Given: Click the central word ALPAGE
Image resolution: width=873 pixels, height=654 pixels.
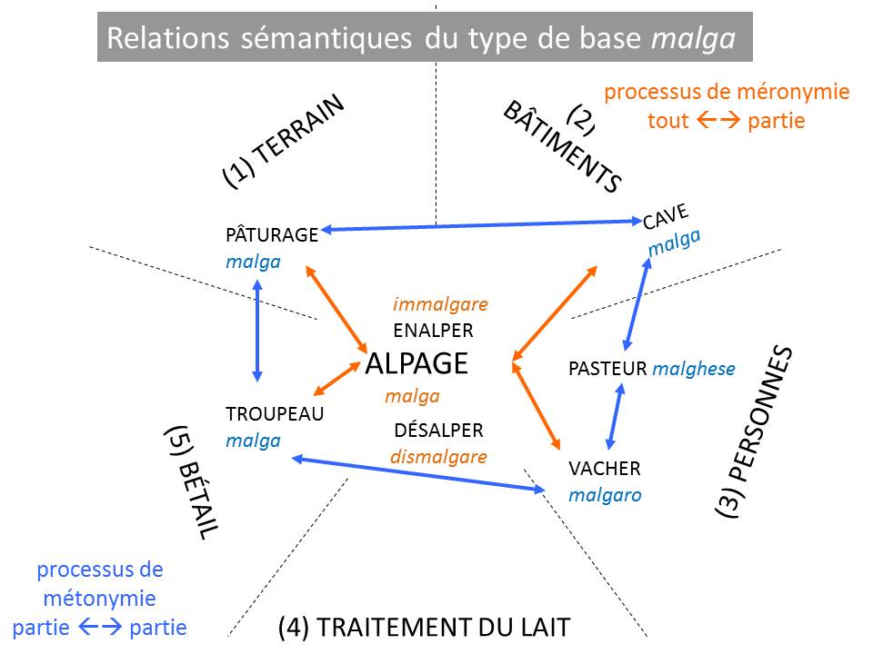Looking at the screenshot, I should click(416, 364).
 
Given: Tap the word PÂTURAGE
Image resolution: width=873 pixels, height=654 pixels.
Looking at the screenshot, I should click(271, 235).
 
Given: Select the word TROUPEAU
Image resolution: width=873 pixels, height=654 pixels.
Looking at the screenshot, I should click(275, 414).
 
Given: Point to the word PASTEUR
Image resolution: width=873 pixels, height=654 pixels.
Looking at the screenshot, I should click(607, 369).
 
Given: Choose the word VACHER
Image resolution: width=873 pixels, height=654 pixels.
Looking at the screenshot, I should click(605, 469).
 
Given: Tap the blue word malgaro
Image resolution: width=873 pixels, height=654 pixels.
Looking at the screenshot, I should click(605, 496).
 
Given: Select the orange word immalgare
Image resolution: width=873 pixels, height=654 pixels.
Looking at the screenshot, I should click(440, 304).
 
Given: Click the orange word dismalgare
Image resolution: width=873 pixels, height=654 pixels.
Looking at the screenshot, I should click(439, 457).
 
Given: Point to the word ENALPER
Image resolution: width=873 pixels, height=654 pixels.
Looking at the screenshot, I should click(433, 331).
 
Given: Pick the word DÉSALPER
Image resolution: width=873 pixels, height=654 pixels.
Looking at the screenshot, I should click(439, 431).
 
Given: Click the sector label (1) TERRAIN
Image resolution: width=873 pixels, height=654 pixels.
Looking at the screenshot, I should click(284, 142).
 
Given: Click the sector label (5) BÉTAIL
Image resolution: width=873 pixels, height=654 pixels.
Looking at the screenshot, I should click(192, 482).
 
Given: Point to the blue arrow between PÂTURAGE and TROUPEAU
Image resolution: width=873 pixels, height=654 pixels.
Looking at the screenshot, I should click(258, 330).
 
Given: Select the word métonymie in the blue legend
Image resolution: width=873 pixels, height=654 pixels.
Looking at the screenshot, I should click(100, 599).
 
